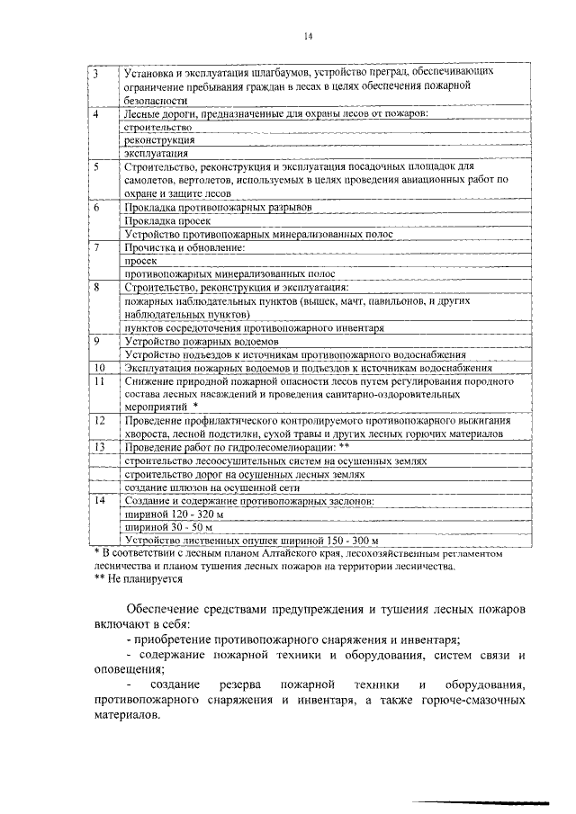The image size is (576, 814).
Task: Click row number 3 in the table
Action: click(96, 71)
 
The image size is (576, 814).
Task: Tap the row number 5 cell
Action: click(96, 167)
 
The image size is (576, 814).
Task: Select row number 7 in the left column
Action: click(96, 246)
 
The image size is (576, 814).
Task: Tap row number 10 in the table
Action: click(99, 368)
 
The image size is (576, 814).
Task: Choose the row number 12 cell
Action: click(100, 420)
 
